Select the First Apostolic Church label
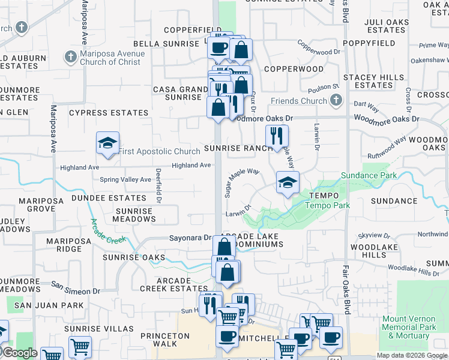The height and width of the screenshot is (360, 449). [159, 152]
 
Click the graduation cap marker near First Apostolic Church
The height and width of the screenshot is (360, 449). [107, 143]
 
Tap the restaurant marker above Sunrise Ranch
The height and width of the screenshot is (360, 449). [276, 136]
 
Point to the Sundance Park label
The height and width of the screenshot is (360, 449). [369, 175]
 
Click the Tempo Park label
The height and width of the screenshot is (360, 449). [327, 205]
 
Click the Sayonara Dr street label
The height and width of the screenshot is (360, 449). [191, 238]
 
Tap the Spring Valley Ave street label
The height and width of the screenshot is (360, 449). [125, 179]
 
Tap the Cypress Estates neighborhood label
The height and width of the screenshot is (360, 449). [109, 113]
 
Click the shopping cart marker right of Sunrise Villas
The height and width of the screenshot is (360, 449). [80, 346]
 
